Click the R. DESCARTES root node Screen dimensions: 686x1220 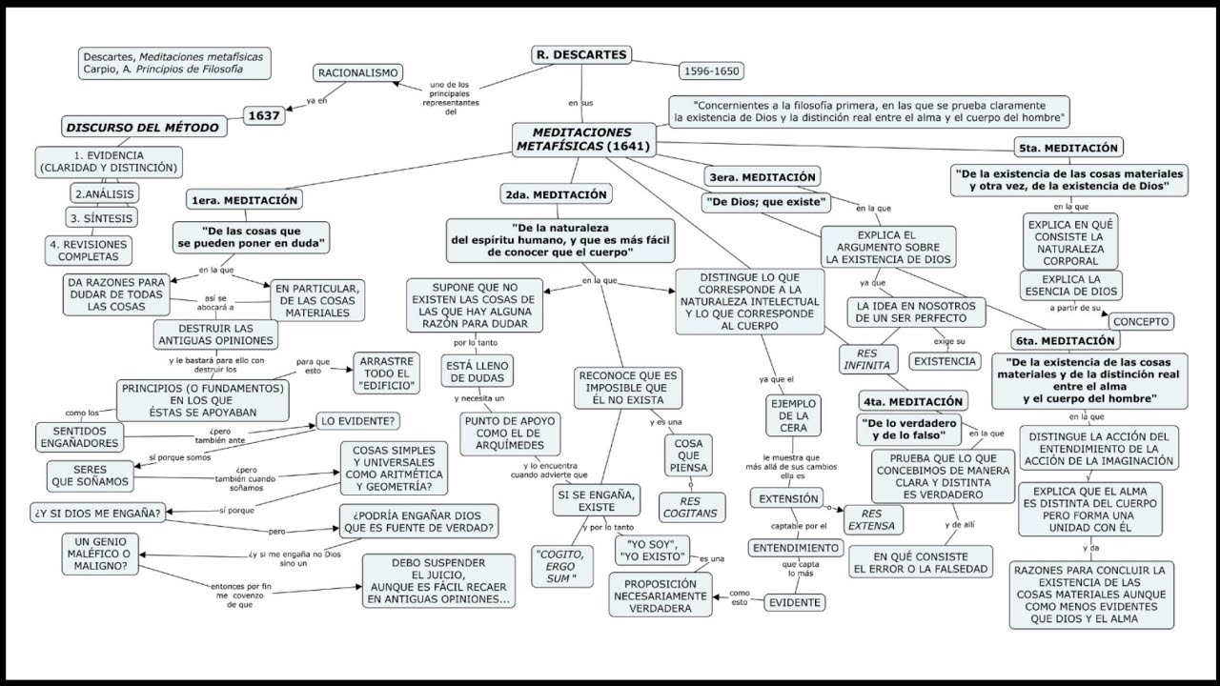coord(580,55)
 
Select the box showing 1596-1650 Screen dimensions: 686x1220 coord(711,71)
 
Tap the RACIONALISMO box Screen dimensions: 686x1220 coord(358,72)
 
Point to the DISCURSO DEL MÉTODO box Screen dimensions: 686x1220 coord(141,128)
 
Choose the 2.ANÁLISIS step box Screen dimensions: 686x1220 coord(105,193)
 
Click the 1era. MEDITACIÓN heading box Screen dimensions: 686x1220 coord(245,200)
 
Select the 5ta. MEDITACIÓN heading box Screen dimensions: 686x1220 coord(1067,148)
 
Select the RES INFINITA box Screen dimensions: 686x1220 coord(866,358)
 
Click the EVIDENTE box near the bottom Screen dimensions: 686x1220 coord(795,602)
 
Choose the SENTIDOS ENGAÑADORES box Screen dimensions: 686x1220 coord(79,437)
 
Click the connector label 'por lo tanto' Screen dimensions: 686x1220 coord(473,342)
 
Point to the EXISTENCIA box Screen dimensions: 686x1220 coord(945,362)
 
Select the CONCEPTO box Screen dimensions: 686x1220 coord(1141,322)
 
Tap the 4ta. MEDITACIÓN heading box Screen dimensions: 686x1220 coord(912,401)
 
